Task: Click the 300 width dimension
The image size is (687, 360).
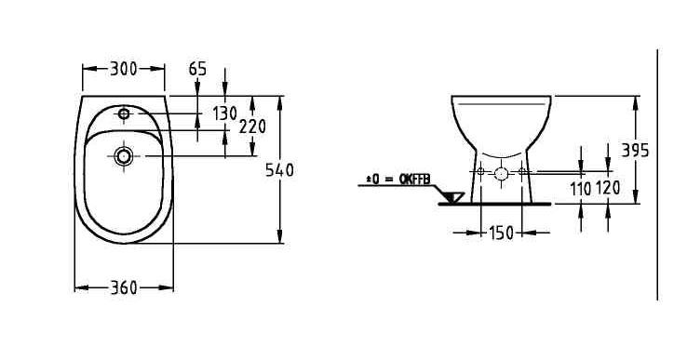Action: pos(123,69)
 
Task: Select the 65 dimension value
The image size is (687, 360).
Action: pos(197,69)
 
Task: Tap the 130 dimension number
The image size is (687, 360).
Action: pos(224,113)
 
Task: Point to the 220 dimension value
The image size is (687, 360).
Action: pos(252,127)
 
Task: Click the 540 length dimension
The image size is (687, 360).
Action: pos(279,170)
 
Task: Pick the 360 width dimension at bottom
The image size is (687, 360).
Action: pos(124,287)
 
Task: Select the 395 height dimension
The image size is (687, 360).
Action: pos(635,151)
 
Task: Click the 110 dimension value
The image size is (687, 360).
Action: pos(581,189)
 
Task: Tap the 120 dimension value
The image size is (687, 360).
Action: pos(608,188)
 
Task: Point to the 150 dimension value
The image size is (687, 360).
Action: pos(502,233)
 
